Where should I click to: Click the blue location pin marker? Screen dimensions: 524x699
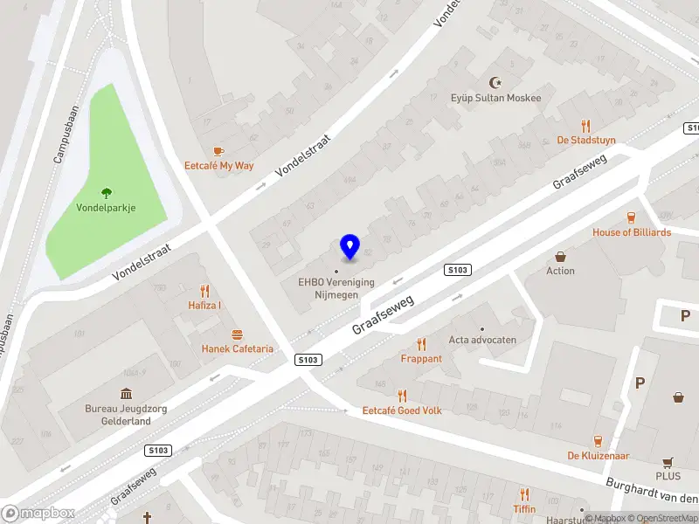tap(349, 246)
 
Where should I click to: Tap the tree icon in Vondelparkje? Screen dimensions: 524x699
tap(107, 193)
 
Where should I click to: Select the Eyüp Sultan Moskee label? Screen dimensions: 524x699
tap(495, 98)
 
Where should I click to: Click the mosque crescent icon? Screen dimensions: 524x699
tap(497, 82)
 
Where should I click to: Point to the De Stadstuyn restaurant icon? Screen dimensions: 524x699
tap(585, 126)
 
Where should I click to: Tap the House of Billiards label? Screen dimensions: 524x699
tap(632, 232)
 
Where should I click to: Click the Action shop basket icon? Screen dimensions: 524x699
tap(560, 257)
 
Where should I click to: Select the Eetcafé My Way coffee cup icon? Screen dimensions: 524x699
tap(218, 150)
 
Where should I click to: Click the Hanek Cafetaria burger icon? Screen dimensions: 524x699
tap(237, 334)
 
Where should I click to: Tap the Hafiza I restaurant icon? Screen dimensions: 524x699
tap(204, 291)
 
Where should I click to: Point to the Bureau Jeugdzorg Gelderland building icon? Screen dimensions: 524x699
tap(126, 394)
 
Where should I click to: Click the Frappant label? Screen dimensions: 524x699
tap(421, 358)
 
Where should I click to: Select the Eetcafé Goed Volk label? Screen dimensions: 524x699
tap(402, 410)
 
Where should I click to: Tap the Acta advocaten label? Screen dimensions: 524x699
tap(482, 340)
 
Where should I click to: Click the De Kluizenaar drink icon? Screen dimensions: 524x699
tap(599, 441)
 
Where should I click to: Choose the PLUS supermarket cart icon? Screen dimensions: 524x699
tap(668, 462)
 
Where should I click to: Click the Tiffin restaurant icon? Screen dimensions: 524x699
tap(524, 494)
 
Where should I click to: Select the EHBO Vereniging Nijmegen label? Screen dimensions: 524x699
tap(336, 287)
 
